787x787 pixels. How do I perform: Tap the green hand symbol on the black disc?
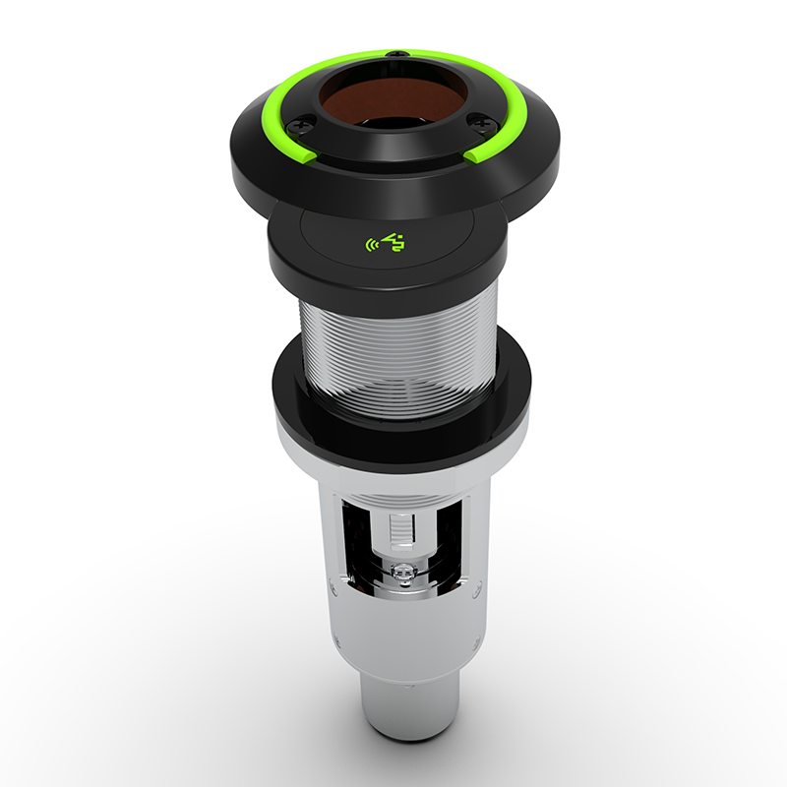394,241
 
